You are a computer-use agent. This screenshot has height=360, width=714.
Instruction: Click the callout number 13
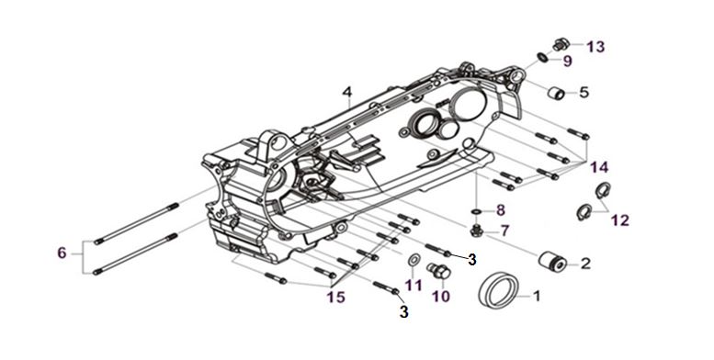tap(595, 47)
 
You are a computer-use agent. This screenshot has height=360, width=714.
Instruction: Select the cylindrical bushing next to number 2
tap(551, 261)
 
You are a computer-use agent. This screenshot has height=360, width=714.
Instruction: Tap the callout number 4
tap(347, 92)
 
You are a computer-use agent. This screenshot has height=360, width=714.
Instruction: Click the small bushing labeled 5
tap(556, 93)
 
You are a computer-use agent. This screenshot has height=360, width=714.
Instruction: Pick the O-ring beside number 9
tap(542, 57)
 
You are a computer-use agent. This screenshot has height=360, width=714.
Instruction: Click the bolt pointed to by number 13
tap(561, 45)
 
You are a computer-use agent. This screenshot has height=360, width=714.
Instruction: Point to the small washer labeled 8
tap(476, 211)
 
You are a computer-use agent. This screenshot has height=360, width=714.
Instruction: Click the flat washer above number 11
tap(414, 260)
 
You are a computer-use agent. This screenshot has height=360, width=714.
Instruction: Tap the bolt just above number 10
tap(439, 271)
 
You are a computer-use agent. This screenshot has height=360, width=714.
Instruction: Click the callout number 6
tap(62, 253)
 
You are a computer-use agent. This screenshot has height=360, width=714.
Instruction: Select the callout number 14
tap(599, 167)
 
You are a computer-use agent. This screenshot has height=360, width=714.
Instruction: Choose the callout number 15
tap(336, 298)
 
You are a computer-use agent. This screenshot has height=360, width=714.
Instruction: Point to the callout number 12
tap(619, 220)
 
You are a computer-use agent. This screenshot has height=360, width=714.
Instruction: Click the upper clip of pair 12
tap(603, 190)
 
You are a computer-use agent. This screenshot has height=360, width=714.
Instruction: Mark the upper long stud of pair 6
tap(137, 223)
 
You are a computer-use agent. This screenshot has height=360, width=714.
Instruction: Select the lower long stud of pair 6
tap(135, 254)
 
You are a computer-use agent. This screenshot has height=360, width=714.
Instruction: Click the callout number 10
tap(441, 297)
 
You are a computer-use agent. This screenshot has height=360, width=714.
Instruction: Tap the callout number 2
tap(585, 263)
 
